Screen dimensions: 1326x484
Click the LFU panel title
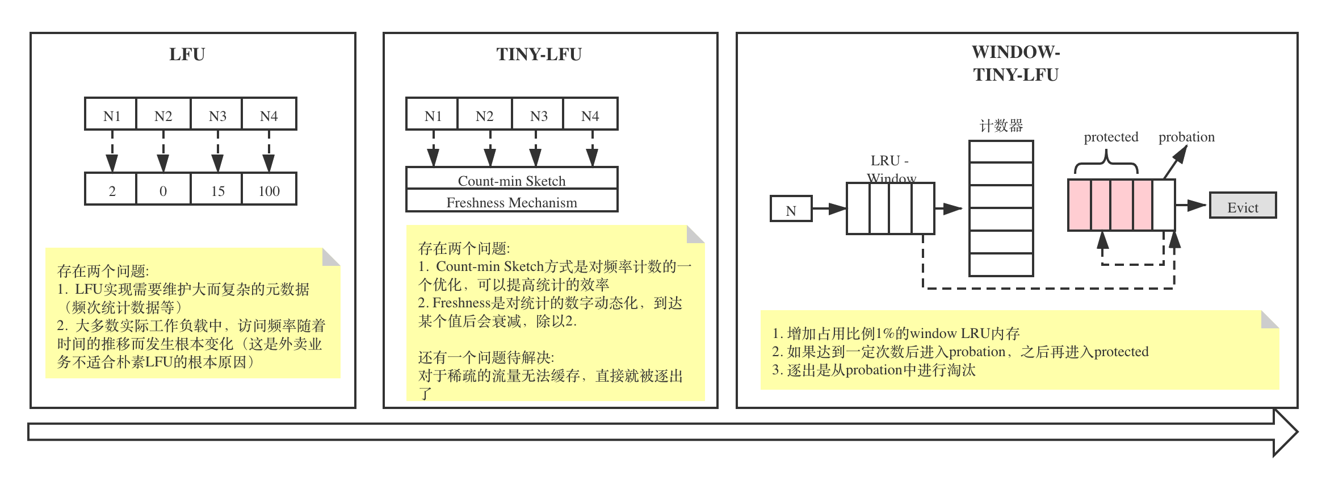187,55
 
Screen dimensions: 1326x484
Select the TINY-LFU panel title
539,55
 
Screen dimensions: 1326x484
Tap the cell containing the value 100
269,190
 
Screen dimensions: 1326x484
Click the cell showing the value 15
218,190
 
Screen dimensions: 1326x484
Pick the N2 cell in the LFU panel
163,115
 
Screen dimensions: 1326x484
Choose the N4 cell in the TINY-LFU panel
590,115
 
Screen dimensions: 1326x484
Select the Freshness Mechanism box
511,202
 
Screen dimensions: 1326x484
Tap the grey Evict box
1243,207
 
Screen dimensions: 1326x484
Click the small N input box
791,210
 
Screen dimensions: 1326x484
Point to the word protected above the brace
1111,137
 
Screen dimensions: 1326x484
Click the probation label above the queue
1186,137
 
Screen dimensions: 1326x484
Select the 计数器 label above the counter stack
1001,126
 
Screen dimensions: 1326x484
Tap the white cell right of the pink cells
1163,205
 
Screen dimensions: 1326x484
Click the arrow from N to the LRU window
829,208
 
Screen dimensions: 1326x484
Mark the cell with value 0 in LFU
163,190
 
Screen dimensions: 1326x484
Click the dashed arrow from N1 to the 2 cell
112,151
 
